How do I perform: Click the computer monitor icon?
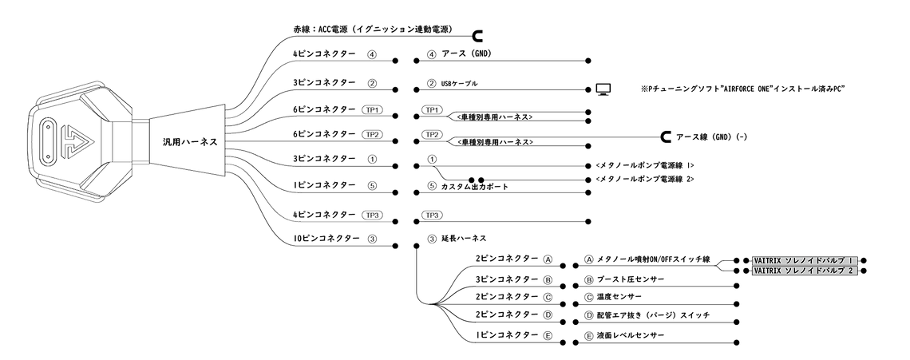603,89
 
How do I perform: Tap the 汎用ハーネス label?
191,141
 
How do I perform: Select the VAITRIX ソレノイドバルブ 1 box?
805,261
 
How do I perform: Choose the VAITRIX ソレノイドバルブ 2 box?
805,271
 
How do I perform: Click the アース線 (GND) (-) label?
711,137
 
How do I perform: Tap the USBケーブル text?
460,84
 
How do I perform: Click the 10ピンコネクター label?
326,239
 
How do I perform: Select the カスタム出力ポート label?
475,187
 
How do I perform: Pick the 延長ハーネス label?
464,239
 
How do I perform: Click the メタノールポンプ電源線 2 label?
645,180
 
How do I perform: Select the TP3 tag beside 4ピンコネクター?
372,215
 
